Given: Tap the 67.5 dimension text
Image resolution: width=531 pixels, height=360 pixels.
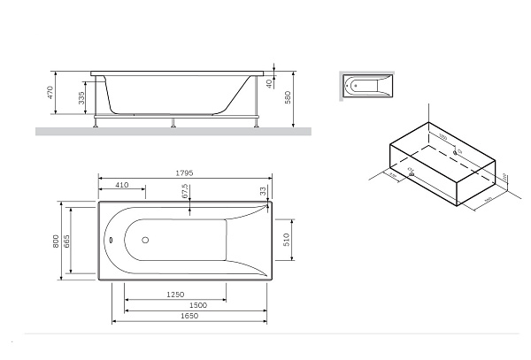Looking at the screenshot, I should tap(185, 192).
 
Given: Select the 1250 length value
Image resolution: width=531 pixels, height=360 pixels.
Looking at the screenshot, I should tap(175, 294).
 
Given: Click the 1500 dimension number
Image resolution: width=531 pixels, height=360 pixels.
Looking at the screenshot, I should tap(198, 305).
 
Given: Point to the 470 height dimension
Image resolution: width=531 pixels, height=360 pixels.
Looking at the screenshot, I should tap(51, 92).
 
